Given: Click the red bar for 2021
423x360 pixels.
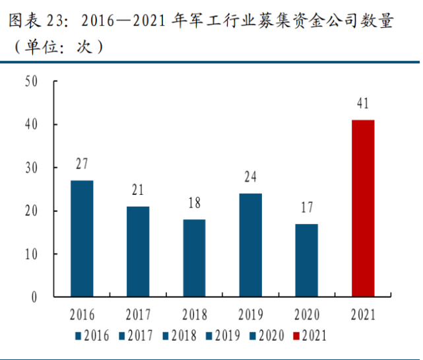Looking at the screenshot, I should point(363,208).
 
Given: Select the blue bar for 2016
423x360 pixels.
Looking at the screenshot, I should point(82,238).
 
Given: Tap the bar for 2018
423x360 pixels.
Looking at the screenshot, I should point(194,258).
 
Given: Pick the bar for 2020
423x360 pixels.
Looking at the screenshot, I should point(306,260).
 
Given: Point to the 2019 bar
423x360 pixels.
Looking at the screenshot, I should point(250,245).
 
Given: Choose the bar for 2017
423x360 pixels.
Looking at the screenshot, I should point(138,252).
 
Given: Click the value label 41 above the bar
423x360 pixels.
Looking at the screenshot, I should point(363,104).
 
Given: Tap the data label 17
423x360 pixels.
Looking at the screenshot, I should point(306,207).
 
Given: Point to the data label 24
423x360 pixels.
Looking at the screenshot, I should point(250,177).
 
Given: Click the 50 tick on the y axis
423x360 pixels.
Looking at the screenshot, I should point(30,81).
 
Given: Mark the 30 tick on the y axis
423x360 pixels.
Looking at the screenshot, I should point(30,168).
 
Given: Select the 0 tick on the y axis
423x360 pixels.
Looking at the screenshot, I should point(33,297).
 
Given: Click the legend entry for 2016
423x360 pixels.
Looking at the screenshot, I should point(93,336).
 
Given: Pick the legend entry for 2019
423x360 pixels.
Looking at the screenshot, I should point(224,336).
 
